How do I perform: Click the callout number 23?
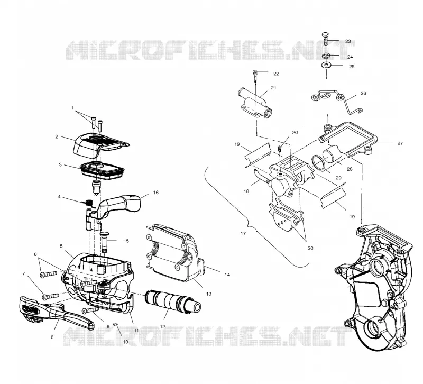coord(348,41)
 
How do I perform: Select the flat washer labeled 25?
coord(326,65)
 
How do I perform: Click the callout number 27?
coord(400,143)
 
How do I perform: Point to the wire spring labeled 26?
coord(337,100)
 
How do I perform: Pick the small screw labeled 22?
coord(255,76)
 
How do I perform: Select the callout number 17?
coord(243,233)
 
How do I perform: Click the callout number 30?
coord(310,248)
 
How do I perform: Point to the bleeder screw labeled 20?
coord(280,149)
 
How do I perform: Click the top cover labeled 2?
coord(101,147)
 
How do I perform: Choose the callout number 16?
coord(155,193)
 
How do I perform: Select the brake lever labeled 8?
coord(57,313)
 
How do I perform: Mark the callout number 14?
coord(227,275)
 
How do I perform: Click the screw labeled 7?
coord(50,296)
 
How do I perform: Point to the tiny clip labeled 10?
coord(116,324)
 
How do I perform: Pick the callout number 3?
coord(60,164)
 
